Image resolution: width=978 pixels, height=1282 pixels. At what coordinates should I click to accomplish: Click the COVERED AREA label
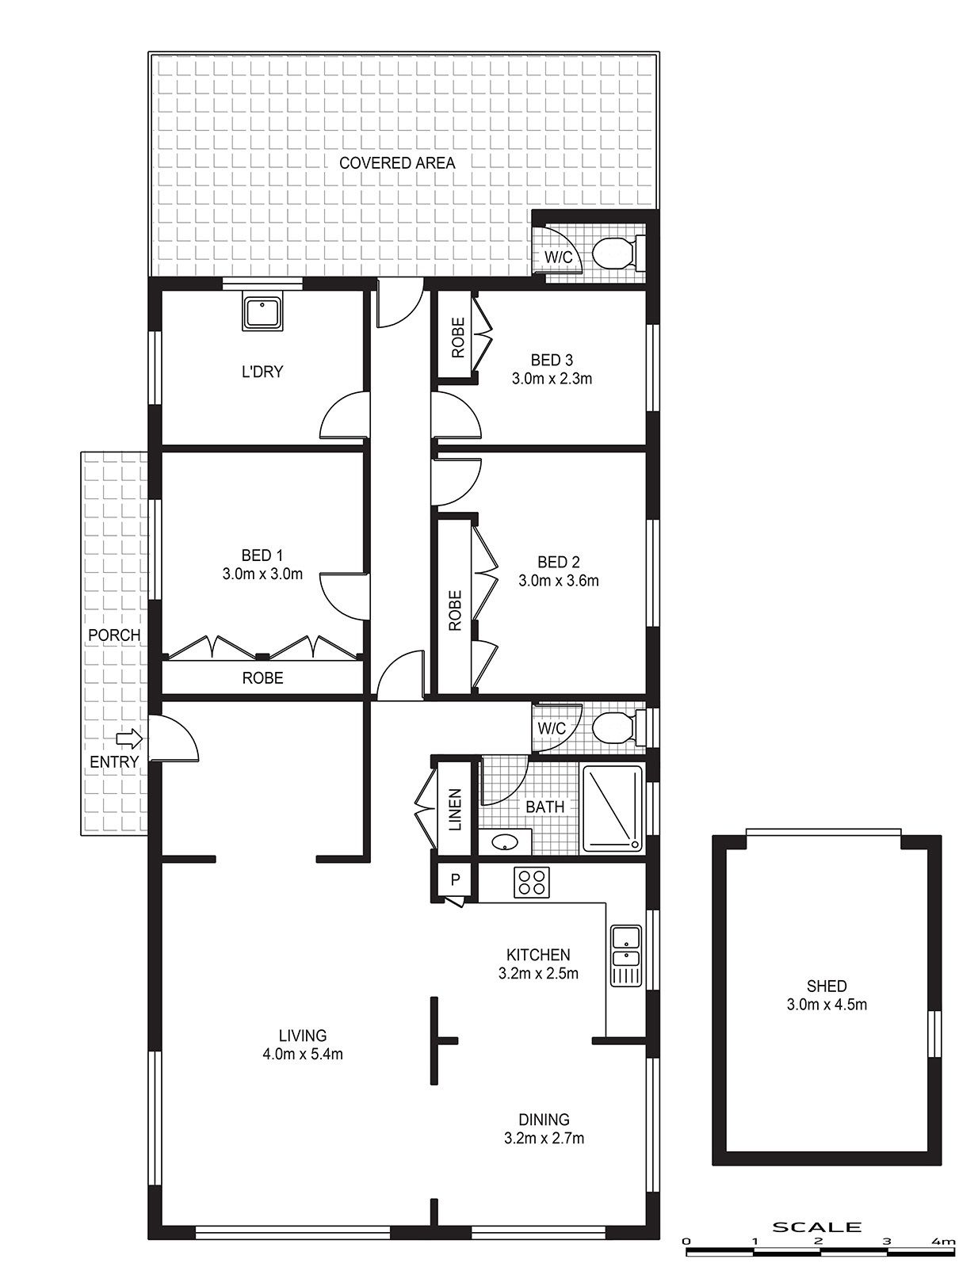[x=397, y=163]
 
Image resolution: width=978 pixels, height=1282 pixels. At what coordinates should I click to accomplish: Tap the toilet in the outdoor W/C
[x=619, y=253]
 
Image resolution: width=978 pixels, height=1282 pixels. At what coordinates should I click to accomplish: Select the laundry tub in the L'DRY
[x=263, y=313]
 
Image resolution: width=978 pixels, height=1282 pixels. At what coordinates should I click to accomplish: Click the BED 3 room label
[x=552, y=360]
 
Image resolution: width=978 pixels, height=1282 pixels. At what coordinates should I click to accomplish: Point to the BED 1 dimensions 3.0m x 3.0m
[x=262, y=574]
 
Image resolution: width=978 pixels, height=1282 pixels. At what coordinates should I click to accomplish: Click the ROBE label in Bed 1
[x=263, y=678]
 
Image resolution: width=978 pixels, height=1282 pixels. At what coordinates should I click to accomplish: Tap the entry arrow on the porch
[x=129, y=738]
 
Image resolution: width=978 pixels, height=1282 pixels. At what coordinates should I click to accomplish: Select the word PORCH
[x=114, y=635]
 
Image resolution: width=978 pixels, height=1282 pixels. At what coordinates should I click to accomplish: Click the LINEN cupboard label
[x=455, y=810]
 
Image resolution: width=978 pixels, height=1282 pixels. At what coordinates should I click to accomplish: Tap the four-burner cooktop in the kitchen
[x=532, y=882]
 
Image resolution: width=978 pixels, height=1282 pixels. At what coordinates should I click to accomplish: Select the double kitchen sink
[x=626, y=956]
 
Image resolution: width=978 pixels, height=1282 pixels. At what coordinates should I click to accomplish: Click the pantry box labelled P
[x=455, y=879]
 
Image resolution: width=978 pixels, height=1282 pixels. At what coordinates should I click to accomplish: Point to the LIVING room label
[x=303, y=1036]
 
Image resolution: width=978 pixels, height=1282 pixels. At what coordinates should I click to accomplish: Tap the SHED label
[x=827, y=986]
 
